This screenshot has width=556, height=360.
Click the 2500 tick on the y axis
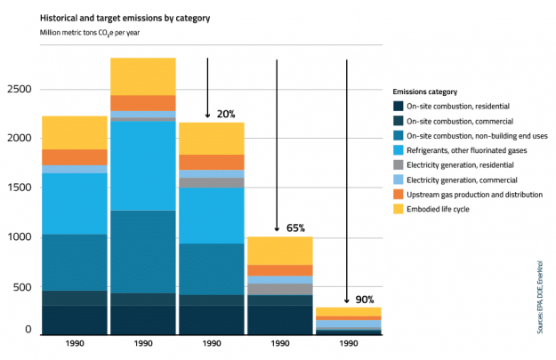point(20,90)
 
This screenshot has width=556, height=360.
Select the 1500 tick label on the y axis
point(20,188)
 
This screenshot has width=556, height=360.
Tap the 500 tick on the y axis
point(23,286)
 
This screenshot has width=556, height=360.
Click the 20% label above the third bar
point(226,114)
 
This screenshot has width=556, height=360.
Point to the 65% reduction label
point(296,228)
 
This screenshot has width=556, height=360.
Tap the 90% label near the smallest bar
point(365,300)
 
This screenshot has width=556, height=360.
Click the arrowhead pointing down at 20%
point(207,115)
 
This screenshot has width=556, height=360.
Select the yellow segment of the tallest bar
point(142,76)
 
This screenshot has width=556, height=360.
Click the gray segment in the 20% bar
point(212,183)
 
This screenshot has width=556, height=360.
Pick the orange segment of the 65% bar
point(279,270)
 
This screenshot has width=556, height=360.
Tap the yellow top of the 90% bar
point(348,311)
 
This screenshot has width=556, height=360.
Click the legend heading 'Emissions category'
point(424,92)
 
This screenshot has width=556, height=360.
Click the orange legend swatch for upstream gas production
point(398,194)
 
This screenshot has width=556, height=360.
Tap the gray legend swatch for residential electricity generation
point(398,164)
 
